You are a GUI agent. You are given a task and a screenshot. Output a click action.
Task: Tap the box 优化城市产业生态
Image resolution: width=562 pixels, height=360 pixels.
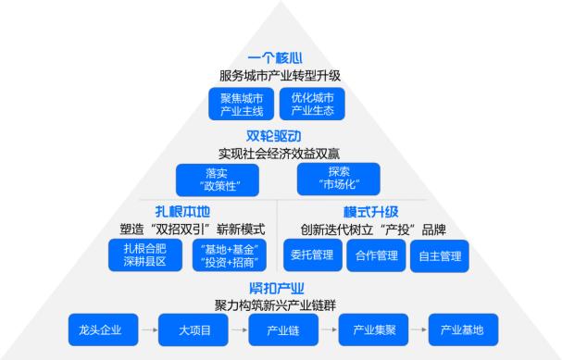pyautogui.click(x=312, y=104)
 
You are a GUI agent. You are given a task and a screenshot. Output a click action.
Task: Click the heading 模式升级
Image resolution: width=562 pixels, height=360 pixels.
pyautogui.click(x=369, y=212)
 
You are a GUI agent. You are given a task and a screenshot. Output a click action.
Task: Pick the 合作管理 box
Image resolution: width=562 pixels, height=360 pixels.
pyautogui.click(x=376, y=255)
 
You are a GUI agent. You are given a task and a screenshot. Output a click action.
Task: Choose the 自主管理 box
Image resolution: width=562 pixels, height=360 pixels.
pyautogui.click(x=440, y=255)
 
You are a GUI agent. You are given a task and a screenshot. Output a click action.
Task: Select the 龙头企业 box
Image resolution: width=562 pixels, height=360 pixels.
pyautogui.click(x=103, y=329)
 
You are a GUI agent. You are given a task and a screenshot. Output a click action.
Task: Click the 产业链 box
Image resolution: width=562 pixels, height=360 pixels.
pyautogui.click(x=281, y=329)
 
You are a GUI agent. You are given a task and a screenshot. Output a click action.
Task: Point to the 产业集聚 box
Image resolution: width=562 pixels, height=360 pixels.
pyautogui.click(x=372, y=329)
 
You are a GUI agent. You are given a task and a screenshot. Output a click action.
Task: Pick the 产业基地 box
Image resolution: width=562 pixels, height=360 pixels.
pyautogui.click(x=462, y=329)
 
